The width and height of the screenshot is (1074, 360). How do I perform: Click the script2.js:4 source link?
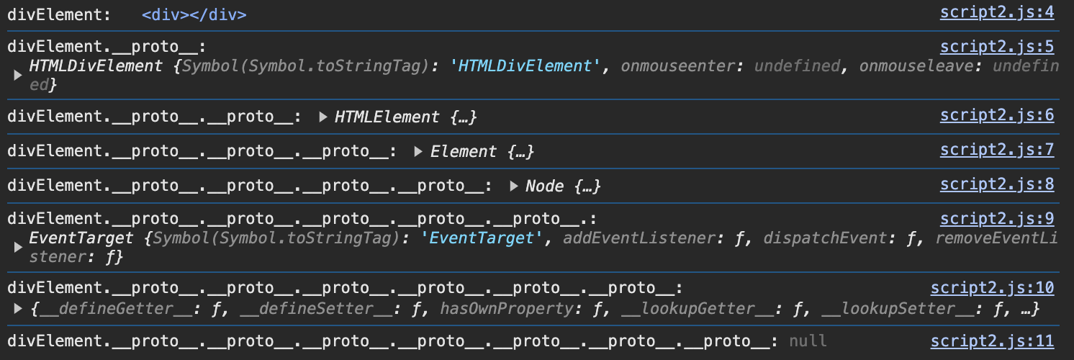click(x=996, y=12)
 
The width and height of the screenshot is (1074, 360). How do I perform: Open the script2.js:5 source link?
click(x=996, y=47)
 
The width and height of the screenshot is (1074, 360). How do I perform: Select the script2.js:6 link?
click(x=996, y=116)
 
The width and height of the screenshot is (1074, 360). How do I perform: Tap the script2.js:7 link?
click(x=996, y=150)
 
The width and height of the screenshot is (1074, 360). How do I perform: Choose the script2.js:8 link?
click(x=996, y=184)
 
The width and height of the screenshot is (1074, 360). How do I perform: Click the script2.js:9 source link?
click(x=996, y=219)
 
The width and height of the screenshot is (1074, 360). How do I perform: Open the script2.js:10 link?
click(x=992, y=288)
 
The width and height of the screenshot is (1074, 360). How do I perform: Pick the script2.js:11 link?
click(x=992, y=341)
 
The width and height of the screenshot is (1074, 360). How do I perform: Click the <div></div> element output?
click(x=194, y=14)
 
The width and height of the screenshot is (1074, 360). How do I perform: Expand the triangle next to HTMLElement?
click(x=323, y=117)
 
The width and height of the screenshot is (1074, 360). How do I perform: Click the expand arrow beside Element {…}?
click(x=419, y=151)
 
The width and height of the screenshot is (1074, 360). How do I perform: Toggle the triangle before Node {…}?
click(x=514, y=186)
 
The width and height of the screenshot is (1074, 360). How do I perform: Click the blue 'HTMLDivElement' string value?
click(x=525, y=66)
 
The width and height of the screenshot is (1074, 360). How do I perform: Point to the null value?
click(x=808, y=341)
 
